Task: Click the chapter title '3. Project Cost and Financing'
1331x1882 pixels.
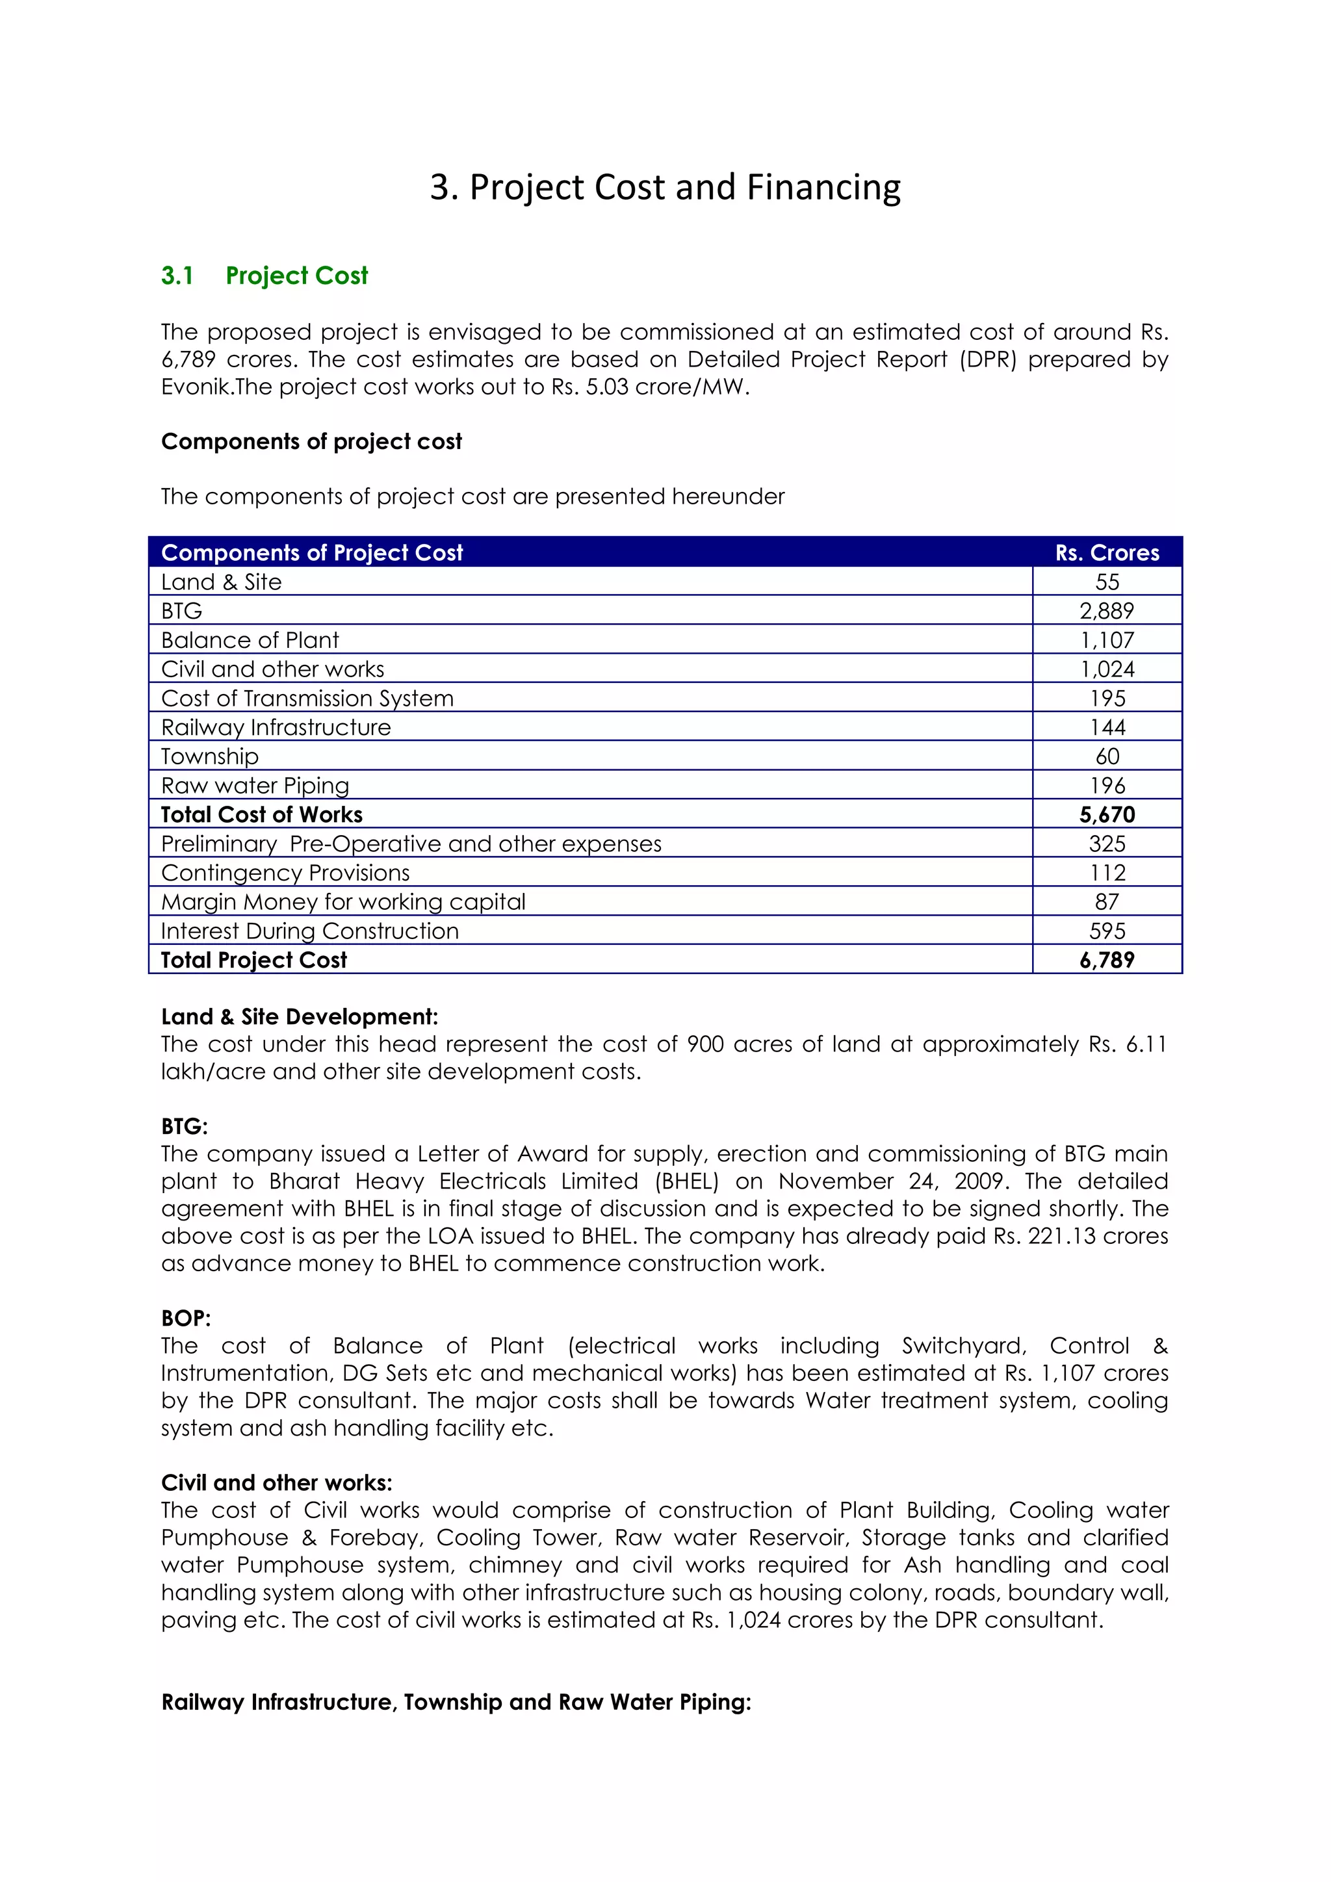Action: coord(665,188)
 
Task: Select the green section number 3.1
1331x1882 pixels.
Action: coord(177,276)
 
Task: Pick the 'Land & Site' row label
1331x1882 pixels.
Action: coord(221,582)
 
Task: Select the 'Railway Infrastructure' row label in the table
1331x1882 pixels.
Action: coord(276,727)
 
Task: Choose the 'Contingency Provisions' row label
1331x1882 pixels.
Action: coord(285,873)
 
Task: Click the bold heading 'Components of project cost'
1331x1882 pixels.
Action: coord(311,442)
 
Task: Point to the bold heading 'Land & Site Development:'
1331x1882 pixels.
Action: coord(299,1016)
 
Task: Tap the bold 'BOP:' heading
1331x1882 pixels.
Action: coord(186,1318)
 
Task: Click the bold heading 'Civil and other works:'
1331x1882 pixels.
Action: coord(276,1483)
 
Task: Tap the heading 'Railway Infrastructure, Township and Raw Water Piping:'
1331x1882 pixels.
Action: coord(456,1703)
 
